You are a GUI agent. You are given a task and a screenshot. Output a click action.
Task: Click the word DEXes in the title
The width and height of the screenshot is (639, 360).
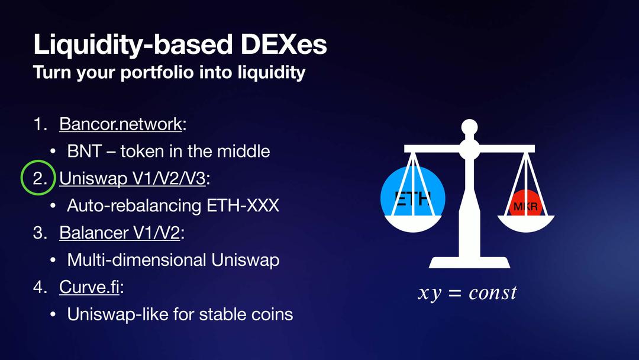point(283,44)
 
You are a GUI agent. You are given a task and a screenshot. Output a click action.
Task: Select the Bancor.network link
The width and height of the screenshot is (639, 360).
point(121,124)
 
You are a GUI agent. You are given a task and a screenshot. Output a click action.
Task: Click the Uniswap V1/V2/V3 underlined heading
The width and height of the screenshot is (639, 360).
point(133,178)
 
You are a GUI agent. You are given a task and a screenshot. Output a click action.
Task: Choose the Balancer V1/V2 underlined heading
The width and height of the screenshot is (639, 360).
point(120,232)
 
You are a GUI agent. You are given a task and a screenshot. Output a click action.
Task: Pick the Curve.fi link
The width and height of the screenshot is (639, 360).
point(89,287)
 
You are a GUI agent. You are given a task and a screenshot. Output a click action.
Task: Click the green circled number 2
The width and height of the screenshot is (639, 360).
point(38,178)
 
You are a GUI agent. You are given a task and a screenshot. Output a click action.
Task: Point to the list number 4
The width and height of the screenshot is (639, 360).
point(40,287)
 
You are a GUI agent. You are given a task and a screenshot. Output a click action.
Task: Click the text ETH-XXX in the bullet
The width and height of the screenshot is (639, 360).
point(243,205)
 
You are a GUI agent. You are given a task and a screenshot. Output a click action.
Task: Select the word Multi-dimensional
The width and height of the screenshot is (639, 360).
point(137,260)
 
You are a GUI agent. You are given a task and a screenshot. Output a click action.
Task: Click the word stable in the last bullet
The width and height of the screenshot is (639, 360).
point(221,314)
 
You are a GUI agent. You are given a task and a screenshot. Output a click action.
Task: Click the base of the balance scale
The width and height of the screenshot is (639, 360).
point(469,262)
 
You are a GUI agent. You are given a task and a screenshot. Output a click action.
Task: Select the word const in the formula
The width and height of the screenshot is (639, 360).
point(493,292)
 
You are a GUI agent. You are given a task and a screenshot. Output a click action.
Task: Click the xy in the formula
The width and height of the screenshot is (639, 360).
point(430,294)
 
